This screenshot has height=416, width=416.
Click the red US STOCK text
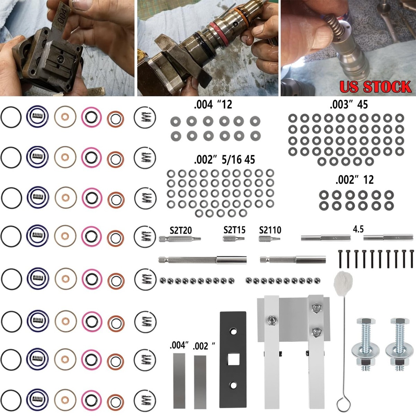(x=375, y=86)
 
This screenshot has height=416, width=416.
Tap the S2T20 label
(x=181, y=230)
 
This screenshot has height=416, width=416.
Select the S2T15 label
(x=234, y=230)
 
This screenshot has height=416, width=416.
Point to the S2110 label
(x=270, y=230)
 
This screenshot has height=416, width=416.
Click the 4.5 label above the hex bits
(x=358, y=229)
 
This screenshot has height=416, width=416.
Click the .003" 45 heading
(x=349, y=104)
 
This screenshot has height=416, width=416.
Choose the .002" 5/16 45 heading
(x=224, y=159)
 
